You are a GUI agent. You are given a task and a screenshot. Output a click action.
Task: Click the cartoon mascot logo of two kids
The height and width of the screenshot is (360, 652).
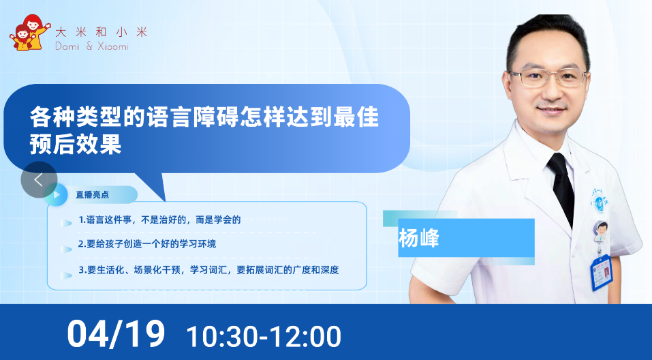[29, 33]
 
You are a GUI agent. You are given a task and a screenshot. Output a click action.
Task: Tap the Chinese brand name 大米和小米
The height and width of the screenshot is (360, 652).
[101, 32]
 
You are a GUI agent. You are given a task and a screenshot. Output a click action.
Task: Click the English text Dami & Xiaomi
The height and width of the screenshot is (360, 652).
[92, 46]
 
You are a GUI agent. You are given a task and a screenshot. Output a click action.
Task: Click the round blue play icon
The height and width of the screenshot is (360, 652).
[56, 194]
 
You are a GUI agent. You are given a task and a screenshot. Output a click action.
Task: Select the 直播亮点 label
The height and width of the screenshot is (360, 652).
[92, 194]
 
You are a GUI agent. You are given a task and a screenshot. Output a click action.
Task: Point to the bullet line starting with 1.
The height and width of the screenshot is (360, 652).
[159, 220]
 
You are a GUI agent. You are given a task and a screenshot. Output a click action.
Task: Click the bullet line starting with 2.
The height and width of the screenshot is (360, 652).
[147, 244]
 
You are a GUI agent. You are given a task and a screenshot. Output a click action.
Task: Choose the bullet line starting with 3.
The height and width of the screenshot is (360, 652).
[208, 270]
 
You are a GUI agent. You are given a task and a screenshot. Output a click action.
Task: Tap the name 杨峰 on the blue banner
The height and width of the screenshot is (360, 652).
[419, 238]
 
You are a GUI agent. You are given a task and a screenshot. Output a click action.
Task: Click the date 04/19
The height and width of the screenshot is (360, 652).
[116, 333]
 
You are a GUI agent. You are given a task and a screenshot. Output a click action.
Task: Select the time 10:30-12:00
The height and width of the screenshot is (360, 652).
[264, 336]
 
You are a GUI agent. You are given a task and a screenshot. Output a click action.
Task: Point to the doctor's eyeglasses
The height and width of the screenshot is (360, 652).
[548, 78]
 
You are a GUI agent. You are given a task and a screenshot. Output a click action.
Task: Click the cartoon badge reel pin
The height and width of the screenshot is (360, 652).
[600, 232]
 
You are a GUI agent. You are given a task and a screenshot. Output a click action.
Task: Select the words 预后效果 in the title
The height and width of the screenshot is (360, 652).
[75, 144]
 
